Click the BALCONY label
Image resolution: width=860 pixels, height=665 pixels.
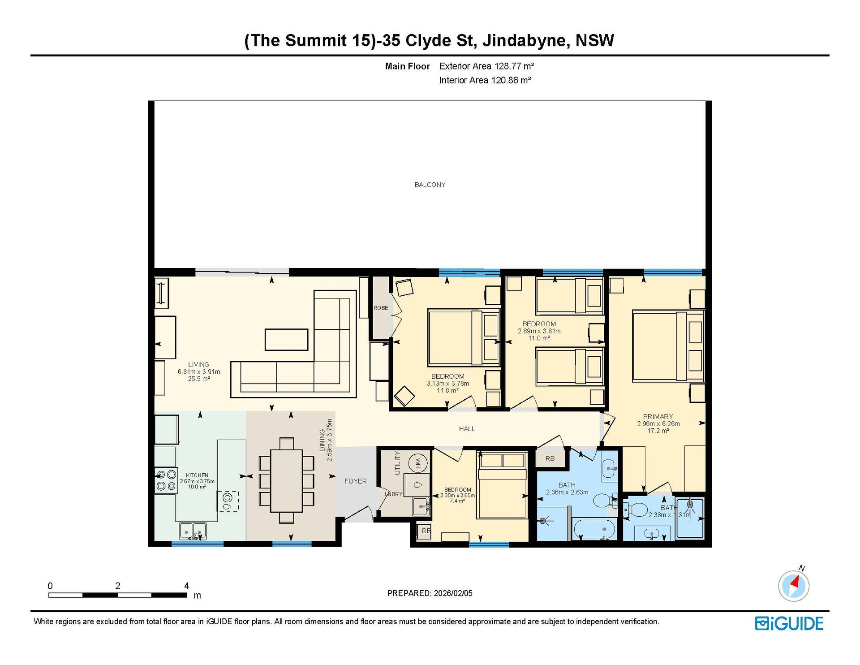point(430,185)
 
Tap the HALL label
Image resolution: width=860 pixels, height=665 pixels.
point(467,429)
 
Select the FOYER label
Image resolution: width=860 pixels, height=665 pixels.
point(355,481)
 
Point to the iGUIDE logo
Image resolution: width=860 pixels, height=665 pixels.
point(789,624)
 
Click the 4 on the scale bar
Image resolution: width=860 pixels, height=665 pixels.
point(186,586)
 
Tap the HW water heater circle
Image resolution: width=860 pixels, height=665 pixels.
point(418,462)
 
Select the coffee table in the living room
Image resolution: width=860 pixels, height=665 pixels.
point(286,340)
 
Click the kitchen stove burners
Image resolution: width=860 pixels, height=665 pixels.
point(166,480)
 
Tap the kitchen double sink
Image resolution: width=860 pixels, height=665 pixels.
point(193,531)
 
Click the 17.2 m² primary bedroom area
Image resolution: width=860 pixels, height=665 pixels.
point(658,431)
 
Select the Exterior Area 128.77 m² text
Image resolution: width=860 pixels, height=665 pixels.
point(486,66)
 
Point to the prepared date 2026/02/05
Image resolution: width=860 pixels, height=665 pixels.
point(453,593)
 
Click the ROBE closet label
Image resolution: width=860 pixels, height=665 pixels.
point(381,308)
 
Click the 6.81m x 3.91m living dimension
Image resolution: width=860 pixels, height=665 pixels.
point(199,372)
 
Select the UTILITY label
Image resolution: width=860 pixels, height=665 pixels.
point(397,463)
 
